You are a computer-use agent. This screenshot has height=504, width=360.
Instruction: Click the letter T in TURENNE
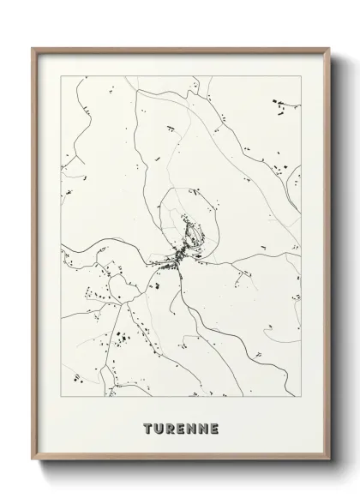pos(148,427)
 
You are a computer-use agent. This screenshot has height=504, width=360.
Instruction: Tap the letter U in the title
pos(159,427)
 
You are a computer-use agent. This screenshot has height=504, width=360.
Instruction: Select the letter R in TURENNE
pos(171,427)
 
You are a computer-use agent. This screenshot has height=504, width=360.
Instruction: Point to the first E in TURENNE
pos(181,427)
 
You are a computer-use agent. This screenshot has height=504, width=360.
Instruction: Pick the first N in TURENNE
pos(191,427)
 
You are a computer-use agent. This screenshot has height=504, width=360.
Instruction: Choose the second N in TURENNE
pos(202,427)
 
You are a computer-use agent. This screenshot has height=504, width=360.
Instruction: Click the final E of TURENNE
pos(213,427)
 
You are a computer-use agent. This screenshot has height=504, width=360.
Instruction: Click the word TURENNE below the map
pos(181,427)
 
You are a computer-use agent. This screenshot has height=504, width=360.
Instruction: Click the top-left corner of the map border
pos(60,76)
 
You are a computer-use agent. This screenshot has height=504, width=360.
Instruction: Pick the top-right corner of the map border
pos(302,76)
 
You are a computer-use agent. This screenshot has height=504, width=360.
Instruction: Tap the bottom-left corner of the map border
pos(60,396)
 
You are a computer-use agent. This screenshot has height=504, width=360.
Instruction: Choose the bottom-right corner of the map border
pos(302,396)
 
